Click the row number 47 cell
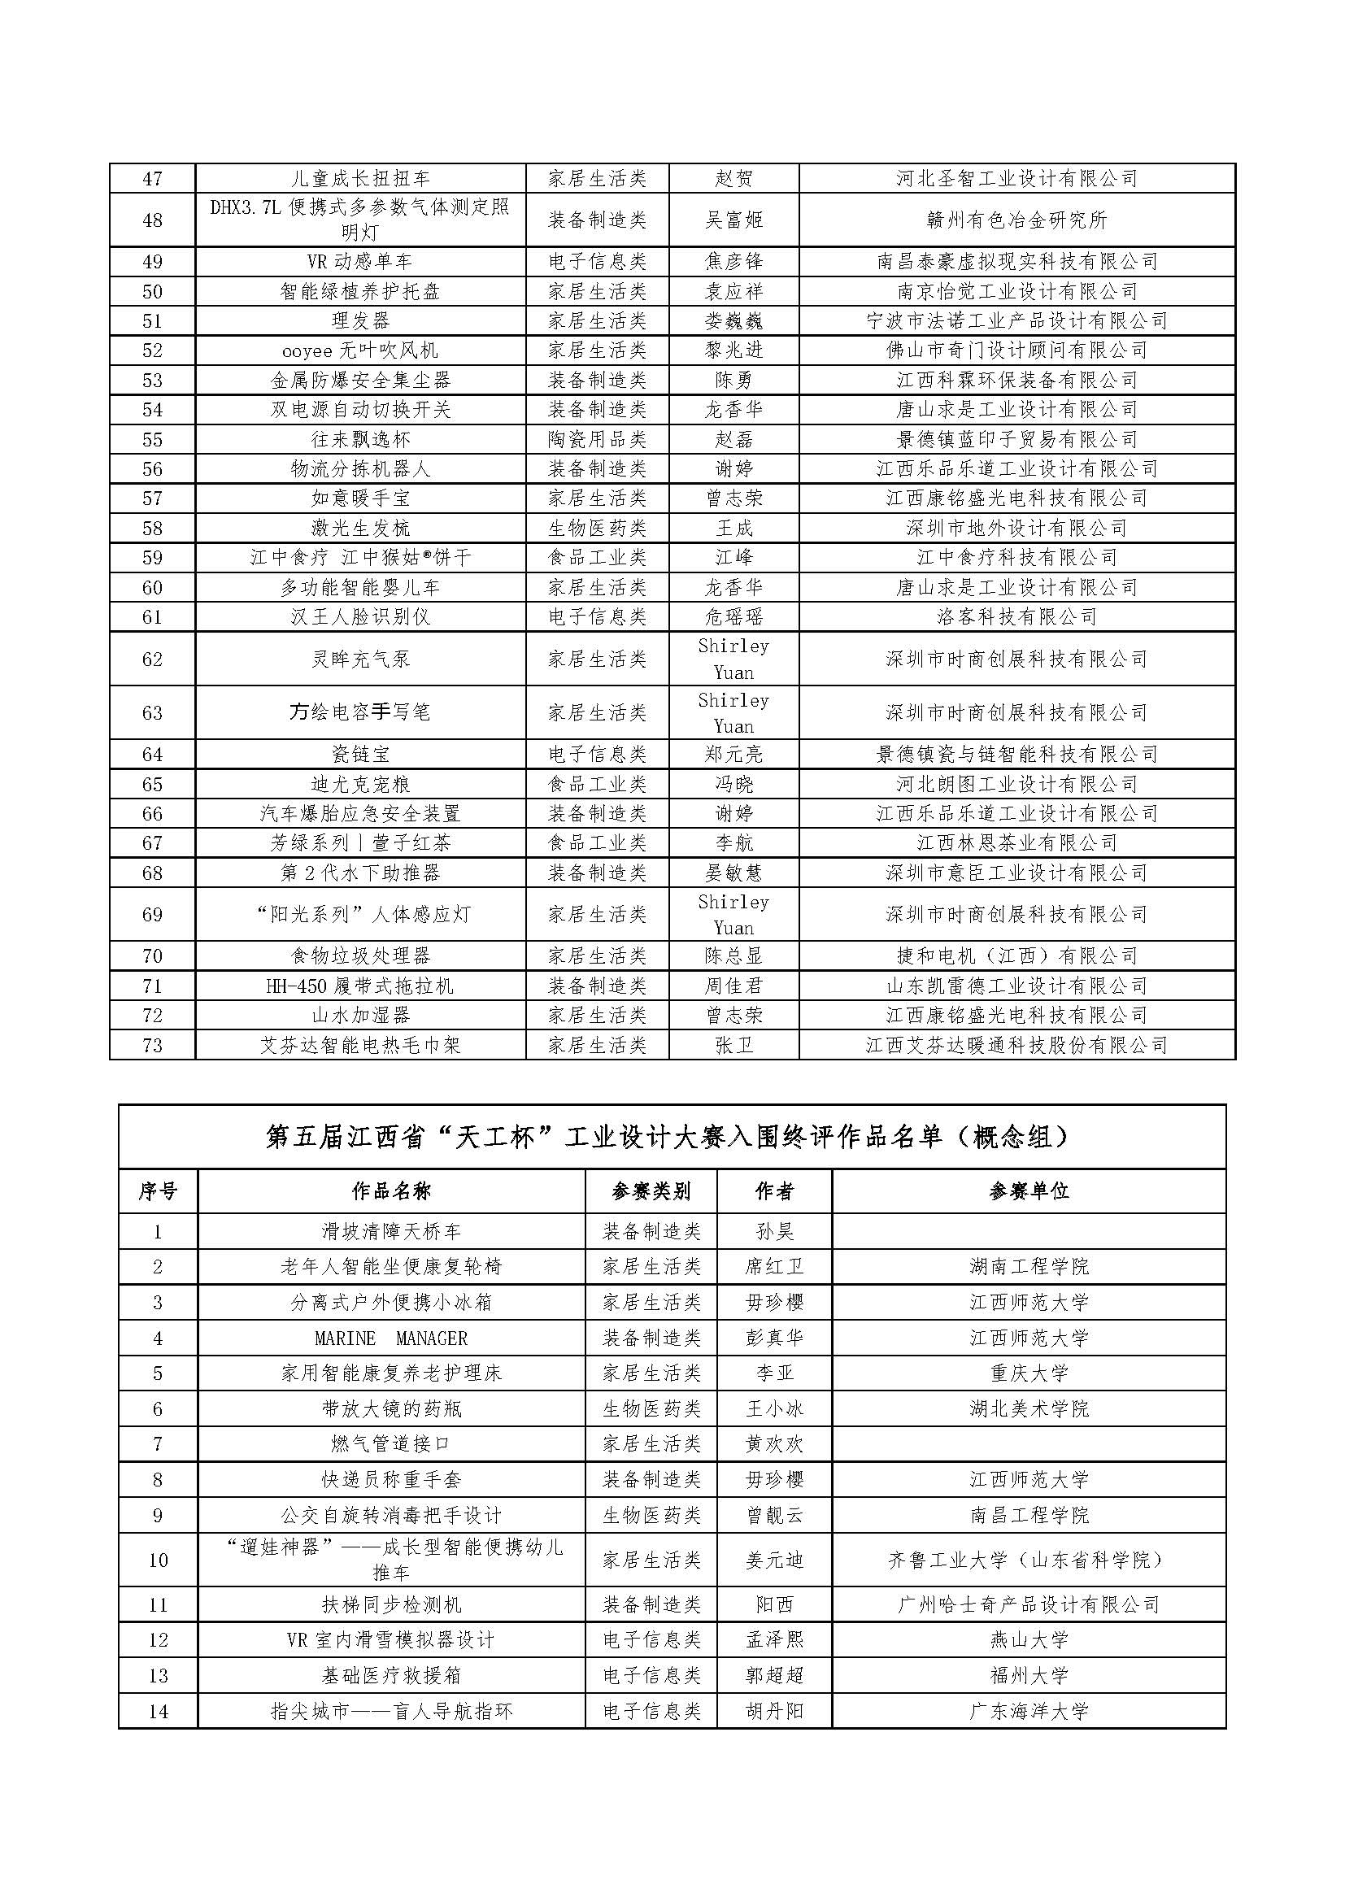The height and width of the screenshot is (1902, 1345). pos(152,179)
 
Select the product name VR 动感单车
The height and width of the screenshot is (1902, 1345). pos(359,262)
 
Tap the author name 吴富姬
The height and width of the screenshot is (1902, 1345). pos(733,220)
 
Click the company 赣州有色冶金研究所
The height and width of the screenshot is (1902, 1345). pos(1016,220)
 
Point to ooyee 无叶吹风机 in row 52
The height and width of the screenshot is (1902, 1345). pos(359,350)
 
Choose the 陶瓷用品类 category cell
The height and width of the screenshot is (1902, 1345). pos(597,439)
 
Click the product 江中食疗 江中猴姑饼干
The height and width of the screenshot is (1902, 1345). pos(359,558)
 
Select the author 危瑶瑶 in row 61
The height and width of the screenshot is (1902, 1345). pos(733,617)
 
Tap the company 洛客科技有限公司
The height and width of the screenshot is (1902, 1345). pos(1016,617)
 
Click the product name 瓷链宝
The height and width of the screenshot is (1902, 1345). pos(359,755)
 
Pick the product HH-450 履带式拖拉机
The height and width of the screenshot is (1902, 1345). pos(359,986)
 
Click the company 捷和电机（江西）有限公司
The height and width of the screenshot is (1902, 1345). pos(1016,956)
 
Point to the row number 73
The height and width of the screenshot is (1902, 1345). pos(152,1046)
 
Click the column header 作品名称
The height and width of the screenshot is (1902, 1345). pos(391,1192)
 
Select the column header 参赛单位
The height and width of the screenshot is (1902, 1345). pos(1029,1192)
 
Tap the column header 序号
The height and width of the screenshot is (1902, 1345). pos(158,1192)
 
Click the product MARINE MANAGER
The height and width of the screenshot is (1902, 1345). pos(391,1338)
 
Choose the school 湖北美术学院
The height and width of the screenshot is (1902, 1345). pos(1029,1409)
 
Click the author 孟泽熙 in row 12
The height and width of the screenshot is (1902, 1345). pos(774,1640)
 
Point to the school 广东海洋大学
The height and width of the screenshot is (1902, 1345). pos(1029,1712)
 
